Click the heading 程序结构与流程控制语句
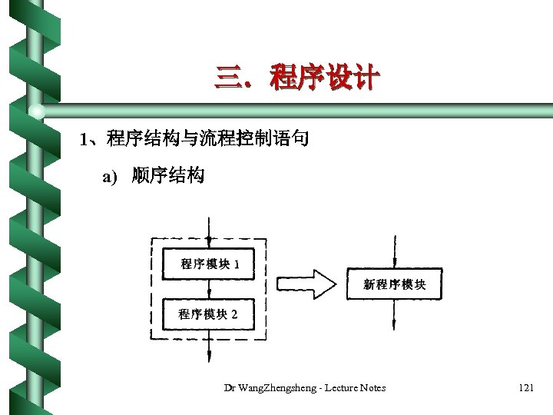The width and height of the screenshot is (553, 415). (207, 139)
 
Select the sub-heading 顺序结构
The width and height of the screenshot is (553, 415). (167, 177)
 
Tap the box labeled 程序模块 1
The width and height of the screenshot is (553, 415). (209, 264)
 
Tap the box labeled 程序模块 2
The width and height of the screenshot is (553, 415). (209, 314)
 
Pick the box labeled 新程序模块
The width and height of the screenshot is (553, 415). (394, 284)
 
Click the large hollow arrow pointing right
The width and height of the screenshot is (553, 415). (306, 284)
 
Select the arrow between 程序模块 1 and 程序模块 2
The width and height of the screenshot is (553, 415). (209, 289)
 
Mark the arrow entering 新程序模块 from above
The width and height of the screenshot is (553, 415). (394, 251)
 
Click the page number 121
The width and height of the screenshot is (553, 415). (525, 388)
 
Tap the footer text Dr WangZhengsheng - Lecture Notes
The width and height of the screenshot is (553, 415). (304, 388)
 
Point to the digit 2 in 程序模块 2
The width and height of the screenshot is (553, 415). (233, 314)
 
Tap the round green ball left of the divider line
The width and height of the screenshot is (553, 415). (36, 113)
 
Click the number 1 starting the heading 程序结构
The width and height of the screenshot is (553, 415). (84, 140)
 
